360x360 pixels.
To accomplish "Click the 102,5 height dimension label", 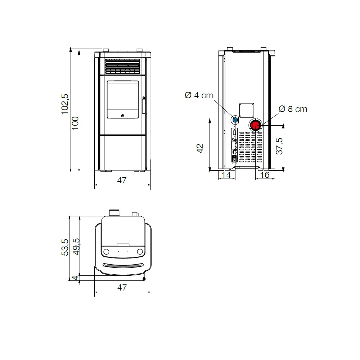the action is point(65,104).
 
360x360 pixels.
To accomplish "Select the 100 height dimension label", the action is point(75,123).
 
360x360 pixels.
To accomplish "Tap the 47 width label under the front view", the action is point(122,180).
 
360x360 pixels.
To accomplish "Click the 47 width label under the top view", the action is point(122,287).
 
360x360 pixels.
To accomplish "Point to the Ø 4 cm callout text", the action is point(199,95).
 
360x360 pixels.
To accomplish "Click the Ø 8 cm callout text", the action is point(293,109).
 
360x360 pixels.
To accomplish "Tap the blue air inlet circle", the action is point(235,120).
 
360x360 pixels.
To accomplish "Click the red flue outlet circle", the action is point(255,126).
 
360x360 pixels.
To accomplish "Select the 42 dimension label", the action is point(200,148).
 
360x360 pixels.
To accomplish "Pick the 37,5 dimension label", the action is point(279,146).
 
